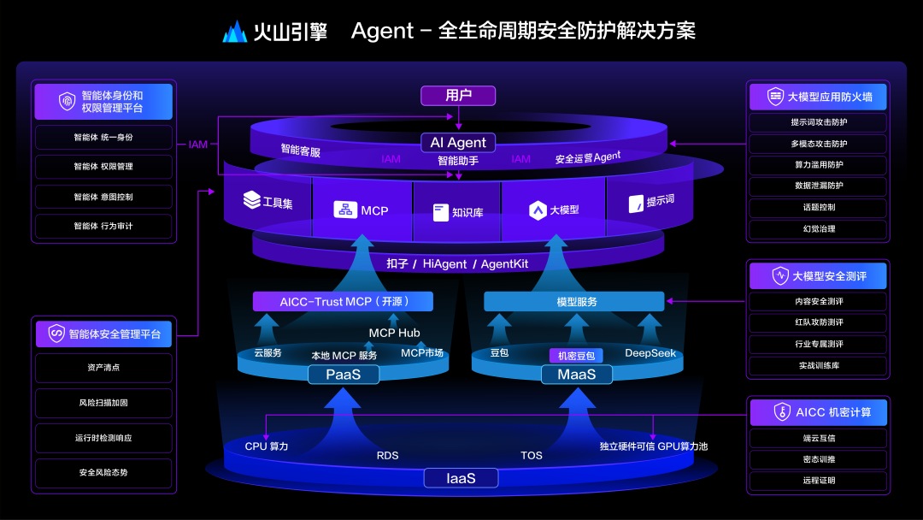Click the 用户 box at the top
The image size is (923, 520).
[x=458, y=96]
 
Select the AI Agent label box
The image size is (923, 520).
[x=458, y=143]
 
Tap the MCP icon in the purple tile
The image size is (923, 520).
[x=345, y=210]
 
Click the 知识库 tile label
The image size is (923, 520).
[x=467, y=212]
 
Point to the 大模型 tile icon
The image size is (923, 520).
[x=538, y=210]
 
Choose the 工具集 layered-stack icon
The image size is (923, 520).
[x=251, y=200]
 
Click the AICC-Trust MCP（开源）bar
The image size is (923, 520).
[x=343, y=302]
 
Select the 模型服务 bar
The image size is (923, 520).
[x=573, y=302]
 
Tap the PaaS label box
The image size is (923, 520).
[x=343, y=375]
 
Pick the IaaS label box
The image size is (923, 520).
[x=461, y=478]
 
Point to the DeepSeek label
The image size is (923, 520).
[x=650, y=353]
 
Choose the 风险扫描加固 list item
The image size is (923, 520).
[x=103, y=403]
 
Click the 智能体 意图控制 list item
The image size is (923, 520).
[x=103, y=197]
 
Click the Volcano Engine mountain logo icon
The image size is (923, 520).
[x=235, y=32]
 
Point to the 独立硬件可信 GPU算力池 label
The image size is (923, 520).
[x=653, y=446]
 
